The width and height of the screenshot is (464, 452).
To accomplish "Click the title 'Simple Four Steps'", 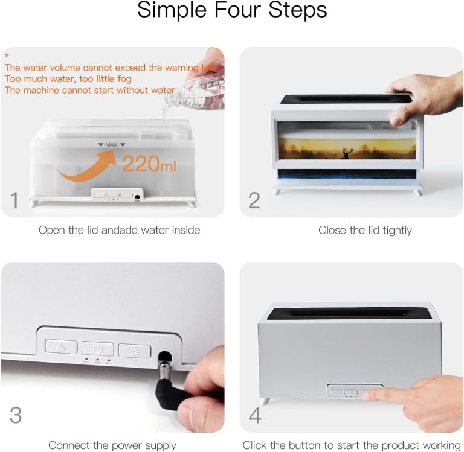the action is (x=232, y=10).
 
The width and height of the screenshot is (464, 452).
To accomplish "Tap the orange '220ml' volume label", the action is (x=149, y=164).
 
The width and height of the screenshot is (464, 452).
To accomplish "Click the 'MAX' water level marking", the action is (x=112, y=145).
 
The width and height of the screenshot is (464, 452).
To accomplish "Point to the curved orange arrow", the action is (x=86, y=167).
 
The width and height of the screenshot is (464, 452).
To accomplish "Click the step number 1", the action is (x=14, y=200).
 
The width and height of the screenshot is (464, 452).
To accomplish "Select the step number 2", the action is (x=254, y=200).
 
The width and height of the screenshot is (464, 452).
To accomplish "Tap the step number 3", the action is (x=16, y=415).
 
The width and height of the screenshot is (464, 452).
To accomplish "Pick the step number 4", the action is (x=255, y=415).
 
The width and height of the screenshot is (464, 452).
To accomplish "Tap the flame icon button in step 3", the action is (x=61, y=346).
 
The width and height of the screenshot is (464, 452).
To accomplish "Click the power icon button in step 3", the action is (x=98, y=349).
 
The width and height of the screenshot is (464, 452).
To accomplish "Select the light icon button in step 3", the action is (x=135, y=351).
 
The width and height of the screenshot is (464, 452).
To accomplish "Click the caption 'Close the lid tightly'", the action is (x=365, y=231).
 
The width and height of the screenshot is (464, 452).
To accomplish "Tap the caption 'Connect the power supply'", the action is (x=112, y=445).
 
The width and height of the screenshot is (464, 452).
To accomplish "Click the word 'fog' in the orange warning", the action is (x=124, y=79).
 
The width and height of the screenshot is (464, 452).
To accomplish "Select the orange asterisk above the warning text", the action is (x=7, y=56).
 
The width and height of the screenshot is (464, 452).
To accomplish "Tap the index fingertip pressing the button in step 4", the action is (x=367, y=394).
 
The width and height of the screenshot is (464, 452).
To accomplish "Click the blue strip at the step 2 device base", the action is (x=347, y=174).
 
